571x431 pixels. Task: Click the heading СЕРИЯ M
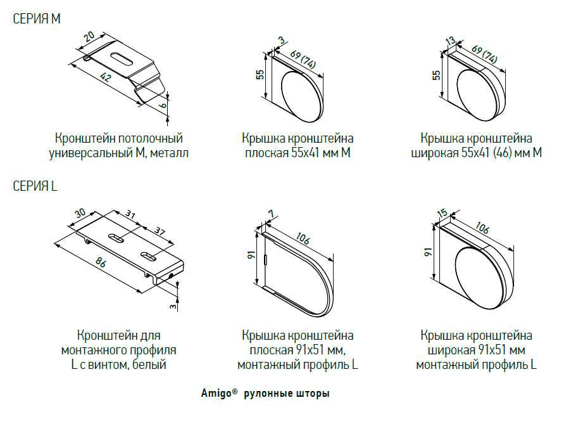[37, 20]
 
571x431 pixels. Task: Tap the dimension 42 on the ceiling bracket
[105, 78]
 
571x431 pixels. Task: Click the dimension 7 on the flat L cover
[270, 214]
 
